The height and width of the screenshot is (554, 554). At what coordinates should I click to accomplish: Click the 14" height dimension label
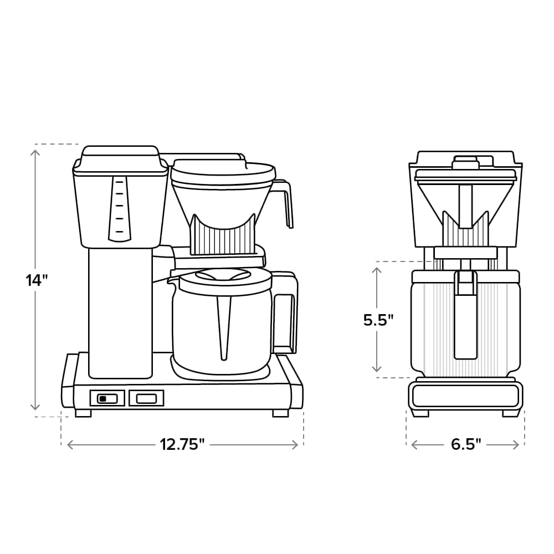click(x=37, y=280)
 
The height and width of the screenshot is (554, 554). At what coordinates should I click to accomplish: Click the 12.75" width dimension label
click(x=182, y=444)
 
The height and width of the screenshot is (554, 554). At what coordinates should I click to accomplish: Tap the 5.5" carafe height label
click(x=378, y=320)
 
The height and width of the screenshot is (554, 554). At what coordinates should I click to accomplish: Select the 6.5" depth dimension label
click(x=465, y=444)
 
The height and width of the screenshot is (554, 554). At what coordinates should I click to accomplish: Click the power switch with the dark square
click(x=107, y=398)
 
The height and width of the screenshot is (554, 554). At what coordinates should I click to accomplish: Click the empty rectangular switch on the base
click(x=146, y=398)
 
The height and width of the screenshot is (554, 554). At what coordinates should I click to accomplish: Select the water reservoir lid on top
click(x=120, y=155)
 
